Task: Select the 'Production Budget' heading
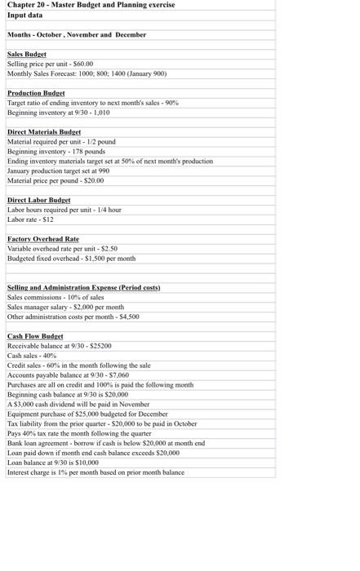click(x=36, y=94)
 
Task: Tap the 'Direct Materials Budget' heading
click(x=44, y=132)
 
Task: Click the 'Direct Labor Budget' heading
click(x=38, y=200)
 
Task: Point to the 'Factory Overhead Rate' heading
click(x=43, y=239)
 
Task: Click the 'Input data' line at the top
click(x=24, y=15)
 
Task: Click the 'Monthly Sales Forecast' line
click(x=87, y=73)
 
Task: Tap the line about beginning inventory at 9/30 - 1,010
click(x=58, y=113)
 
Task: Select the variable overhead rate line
click(x=62, y=249)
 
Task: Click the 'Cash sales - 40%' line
click(x=33, y=356)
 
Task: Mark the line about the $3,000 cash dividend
click(x=78, y=404)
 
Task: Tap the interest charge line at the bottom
click(x=96, y=472)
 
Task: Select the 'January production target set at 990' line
click(x=58, y=170)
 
